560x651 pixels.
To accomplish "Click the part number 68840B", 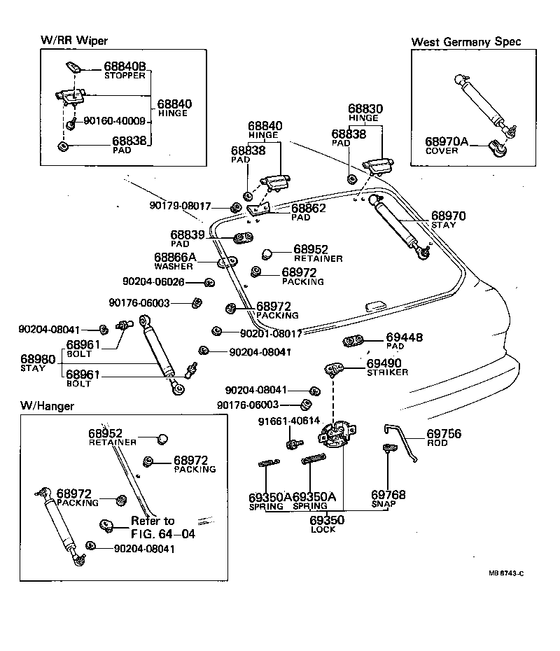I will point(125,67).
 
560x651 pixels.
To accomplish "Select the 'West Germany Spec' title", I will point(465,41).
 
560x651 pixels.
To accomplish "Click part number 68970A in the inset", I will point(446,141).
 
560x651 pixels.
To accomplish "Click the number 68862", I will point(309,208).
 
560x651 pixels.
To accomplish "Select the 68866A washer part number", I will point(174,258).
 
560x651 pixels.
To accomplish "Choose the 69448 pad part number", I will point(405,337).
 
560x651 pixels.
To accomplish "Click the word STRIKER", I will point(387,372).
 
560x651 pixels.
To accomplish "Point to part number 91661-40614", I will point(288,421).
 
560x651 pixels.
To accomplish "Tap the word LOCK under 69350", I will point(323,530).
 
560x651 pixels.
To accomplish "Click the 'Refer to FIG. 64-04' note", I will point(162,527).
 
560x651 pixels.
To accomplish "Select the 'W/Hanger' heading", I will point(48,405).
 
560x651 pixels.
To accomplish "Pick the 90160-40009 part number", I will point(114,121).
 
